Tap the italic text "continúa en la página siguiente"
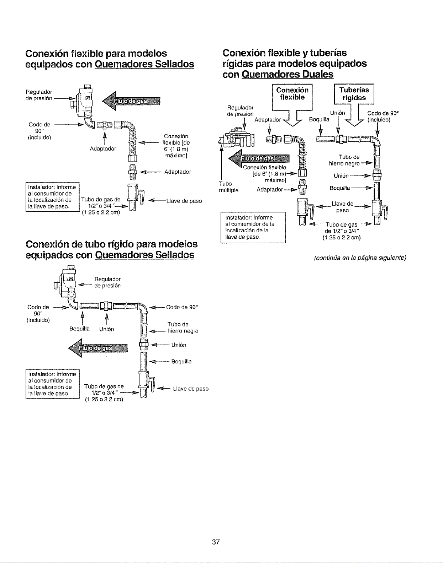[360, 258]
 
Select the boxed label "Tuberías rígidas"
[354, 94]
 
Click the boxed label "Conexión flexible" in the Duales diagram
[292, 93]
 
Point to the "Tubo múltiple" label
[228, 187]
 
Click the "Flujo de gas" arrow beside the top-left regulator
[131, 101]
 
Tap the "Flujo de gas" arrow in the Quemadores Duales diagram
[259, 158]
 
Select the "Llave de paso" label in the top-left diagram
[184, 201]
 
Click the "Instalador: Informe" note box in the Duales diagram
[253, 227]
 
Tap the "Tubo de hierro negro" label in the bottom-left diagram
[183, 327]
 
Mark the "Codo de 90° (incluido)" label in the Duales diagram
[383, 117]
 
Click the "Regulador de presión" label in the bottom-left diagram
[107, 282]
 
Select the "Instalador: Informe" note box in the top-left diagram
[52, 197]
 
